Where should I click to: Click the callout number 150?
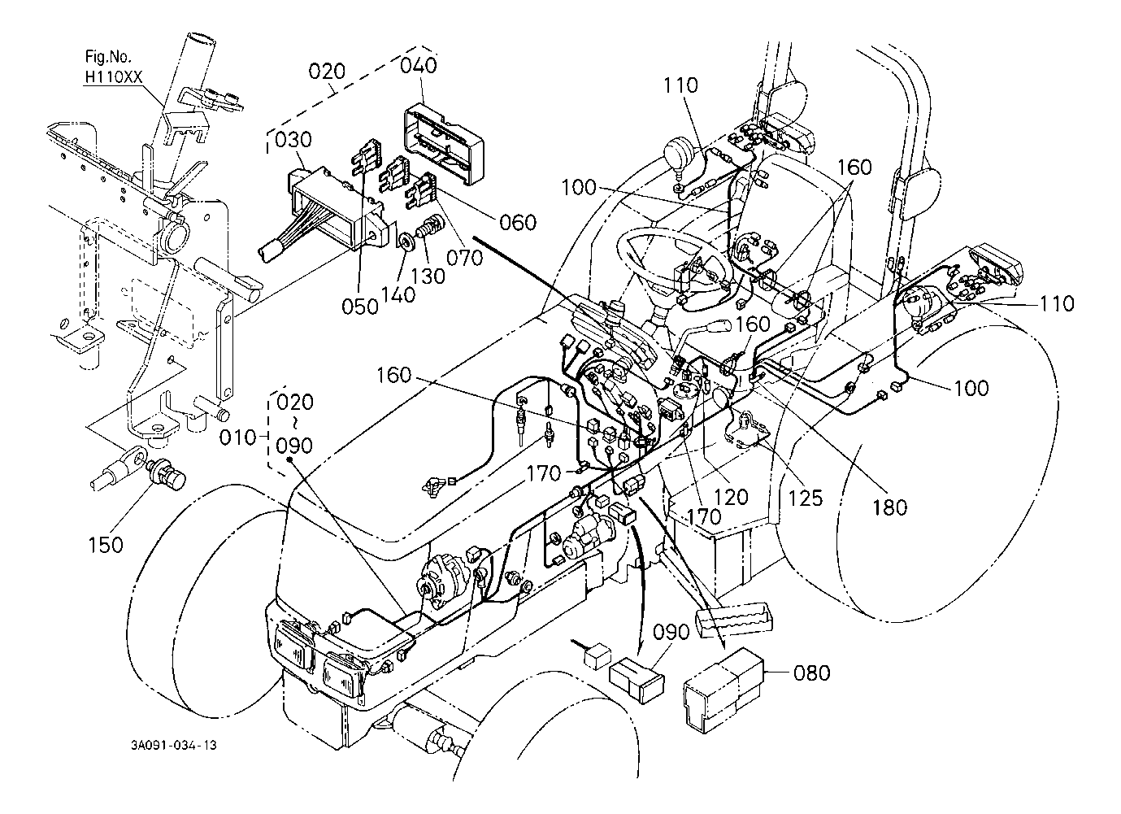[x=106, y=544]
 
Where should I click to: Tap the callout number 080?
[x=811, y=673]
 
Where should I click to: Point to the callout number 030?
[x=293, y=141]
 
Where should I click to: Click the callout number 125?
[x=805, y=496]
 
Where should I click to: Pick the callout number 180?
[x=889, y=507]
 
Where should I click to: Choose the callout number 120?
[x=730, y=496]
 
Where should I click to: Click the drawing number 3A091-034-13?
[x=177, y=745]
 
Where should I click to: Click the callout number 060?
[x=514, y=222]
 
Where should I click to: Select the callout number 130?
[x=428, y=276]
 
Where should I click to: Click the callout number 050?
[x=360, y=307]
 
